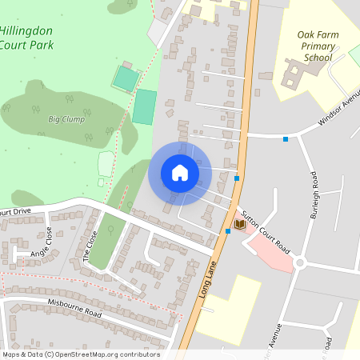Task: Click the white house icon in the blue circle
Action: tap(180, 173)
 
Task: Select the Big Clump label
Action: tap(66, 119)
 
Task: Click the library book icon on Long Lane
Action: tap(239, 225)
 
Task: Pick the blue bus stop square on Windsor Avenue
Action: tap(286, 139)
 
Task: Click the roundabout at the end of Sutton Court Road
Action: tap(300, 262)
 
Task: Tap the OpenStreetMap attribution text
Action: tap(80, 354)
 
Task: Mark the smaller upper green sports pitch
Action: tap(126, 78)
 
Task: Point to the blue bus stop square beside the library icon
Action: tap(228, 231)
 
